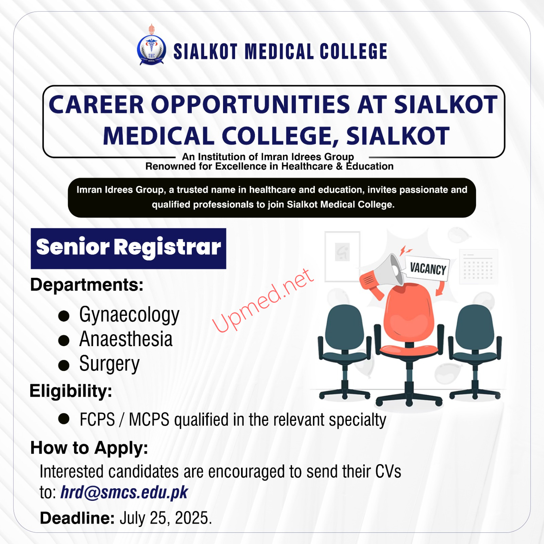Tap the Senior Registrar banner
(x=129, y=249)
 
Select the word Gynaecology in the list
(x=129, y=315)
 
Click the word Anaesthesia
(x=126, y=339)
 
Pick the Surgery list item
(x=109, y=364)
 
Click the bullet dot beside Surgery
(x=64, y=365)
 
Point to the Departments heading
(x=87, y=285)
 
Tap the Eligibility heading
(x=71, y=391)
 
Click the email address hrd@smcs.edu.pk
(x=124, y=493)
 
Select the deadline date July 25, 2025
(x=166, y=518)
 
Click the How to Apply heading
(x=89, y=448)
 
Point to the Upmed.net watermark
(x=263, y=300)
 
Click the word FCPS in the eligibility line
(x=97, y=420)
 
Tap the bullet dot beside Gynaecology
(x=64, y=316)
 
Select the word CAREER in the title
(x=97, y=104)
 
